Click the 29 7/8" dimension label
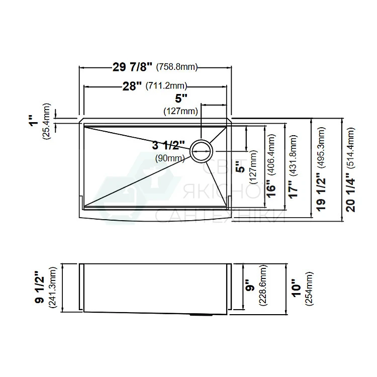click(133, 66)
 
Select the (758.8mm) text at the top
click(177, 66)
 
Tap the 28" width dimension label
click(133, 86)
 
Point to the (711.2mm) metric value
click(166, 85)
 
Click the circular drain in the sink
click(202, 151)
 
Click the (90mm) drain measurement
click(170, 158)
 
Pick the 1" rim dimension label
click(35, 120)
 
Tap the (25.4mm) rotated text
click(46, 122)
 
